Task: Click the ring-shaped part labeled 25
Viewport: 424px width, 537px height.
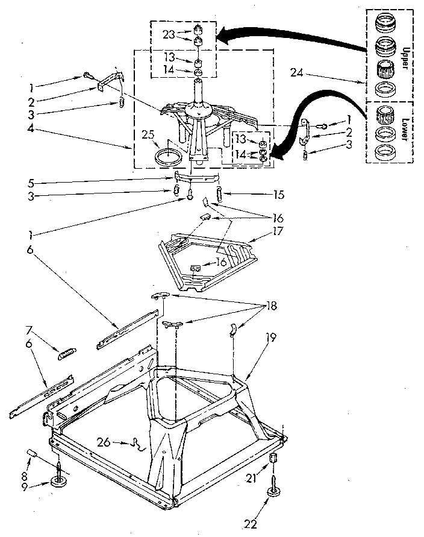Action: point(168,158)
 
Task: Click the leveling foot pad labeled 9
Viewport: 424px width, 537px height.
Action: point(59,482)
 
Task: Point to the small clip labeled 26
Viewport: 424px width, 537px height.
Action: point(140,445)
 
